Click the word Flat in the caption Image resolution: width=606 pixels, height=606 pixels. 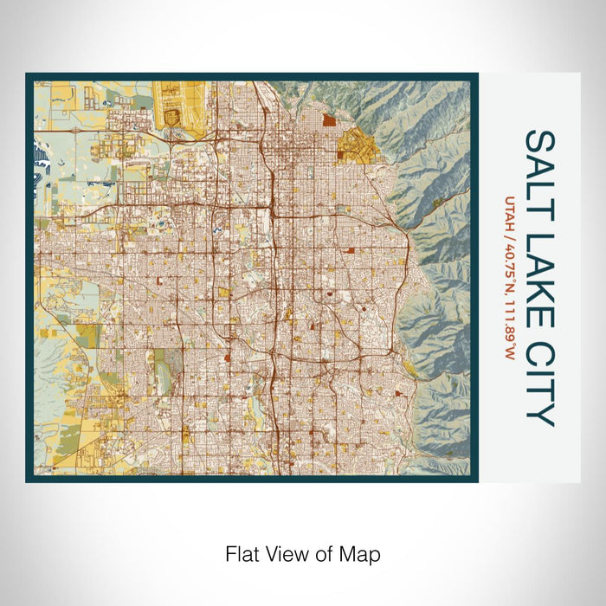coord(241,552)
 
